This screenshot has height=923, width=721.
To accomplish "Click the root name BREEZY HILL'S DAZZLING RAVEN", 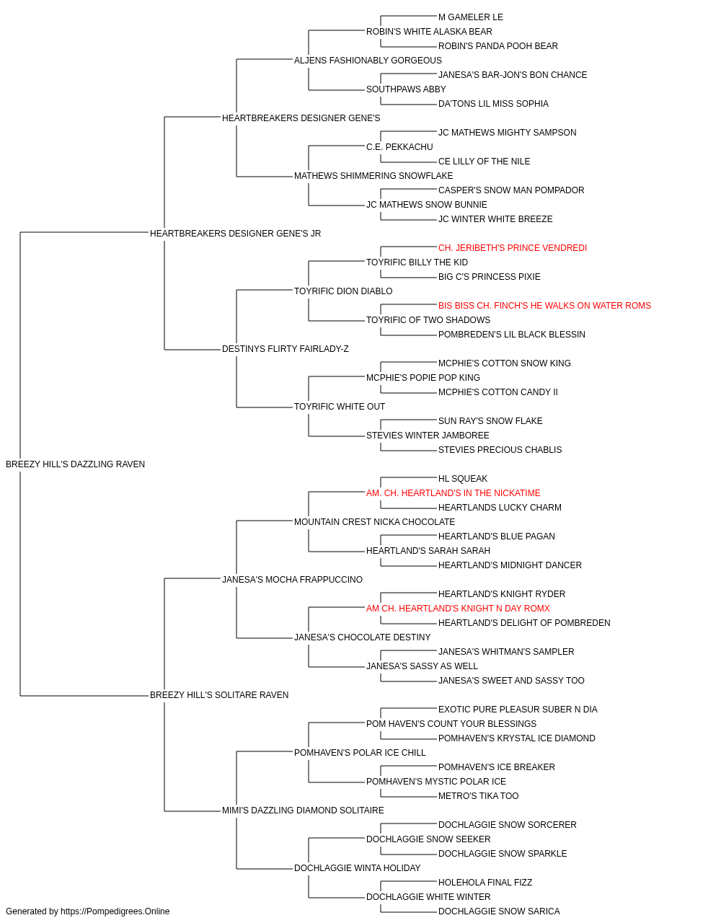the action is (x=75, y=464).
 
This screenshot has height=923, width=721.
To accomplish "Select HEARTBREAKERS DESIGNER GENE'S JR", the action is (x=235, y=234).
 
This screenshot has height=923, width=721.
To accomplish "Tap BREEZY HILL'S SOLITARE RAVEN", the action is (x=219, y=695).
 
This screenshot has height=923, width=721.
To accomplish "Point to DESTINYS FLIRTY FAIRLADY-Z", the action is (x=286, y=349).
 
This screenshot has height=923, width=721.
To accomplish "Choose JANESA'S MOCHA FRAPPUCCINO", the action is (x=292, y=580).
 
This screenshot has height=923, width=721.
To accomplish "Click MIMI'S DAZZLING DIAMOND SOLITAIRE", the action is (x=303, y=811).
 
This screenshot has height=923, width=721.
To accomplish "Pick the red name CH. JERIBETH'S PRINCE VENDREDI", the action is (x=513, y=248).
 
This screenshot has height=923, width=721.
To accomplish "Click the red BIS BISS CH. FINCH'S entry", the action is (x=545, y=306).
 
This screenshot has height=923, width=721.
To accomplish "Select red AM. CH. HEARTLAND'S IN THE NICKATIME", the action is (x=453, y=493).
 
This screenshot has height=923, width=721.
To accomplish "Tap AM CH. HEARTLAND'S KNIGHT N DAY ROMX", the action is (x=458, y=609).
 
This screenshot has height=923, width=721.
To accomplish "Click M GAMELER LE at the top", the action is (x=471, y=17).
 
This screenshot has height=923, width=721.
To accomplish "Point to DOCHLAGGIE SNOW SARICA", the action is (x=499, y=911).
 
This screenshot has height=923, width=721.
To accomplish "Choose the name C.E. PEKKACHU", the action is (x=399, y=147).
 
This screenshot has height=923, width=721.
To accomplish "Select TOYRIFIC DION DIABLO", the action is (x=343, y=291).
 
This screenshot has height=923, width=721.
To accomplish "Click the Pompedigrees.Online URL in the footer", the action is (x=115, y=911).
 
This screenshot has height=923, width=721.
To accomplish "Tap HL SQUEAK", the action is (x=463, y=479).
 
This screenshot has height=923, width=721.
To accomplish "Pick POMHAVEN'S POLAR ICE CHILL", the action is (x=360, y=753).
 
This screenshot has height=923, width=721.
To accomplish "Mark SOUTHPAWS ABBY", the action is (x=406, y=89).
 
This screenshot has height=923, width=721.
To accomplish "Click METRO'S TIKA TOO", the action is (x=479, y=796).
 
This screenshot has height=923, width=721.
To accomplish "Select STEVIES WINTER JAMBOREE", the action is (x=428, y=436).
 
